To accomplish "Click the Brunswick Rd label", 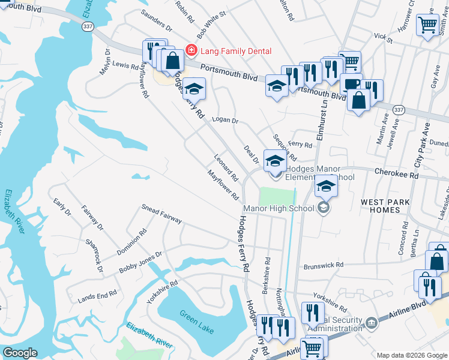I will [x=324, y=265].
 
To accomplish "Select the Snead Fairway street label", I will [x=161, y=214].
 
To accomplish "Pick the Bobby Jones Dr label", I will [x=140, y=263].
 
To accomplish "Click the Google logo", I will [x=20, y=353].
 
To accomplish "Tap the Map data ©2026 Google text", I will [x=412, y=355].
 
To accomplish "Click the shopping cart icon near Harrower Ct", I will [x=428, y=26].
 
